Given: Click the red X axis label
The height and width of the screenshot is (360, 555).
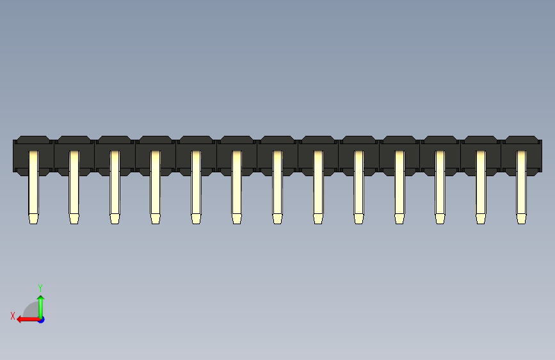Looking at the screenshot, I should [12, 315].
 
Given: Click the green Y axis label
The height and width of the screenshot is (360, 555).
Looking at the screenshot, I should [40, 288].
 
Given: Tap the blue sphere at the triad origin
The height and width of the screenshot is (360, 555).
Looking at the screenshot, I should [41, 319].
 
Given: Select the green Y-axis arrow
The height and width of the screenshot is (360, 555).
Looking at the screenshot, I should [41, 304].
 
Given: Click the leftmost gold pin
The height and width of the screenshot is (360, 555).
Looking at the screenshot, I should [33, 186].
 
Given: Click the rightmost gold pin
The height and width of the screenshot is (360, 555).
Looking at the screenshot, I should [521, 186].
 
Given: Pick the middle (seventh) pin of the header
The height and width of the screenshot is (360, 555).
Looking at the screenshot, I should [277, 186].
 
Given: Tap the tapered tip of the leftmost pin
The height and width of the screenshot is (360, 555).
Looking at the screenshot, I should [33, 218].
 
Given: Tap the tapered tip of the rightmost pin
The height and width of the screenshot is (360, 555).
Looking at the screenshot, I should [521, 218].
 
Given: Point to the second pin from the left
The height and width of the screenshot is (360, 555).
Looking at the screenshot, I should [74, 186].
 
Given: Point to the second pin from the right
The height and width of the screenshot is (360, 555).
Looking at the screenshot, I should [481, 186].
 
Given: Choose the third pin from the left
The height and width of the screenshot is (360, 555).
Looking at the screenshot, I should [115, 186].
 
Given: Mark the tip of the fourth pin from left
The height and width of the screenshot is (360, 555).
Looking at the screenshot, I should [156, 218].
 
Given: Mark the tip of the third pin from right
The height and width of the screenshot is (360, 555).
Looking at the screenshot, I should [440, 218].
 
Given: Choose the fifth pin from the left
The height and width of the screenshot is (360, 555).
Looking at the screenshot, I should [196, 186].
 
